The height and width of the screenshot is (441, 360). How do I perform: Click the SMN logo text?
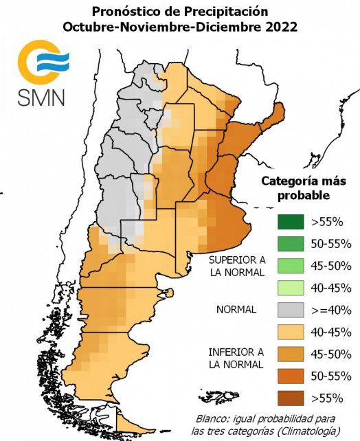click(41, 95)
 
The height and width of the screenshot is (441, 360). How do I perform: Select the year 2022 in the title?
click(279, 27)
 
